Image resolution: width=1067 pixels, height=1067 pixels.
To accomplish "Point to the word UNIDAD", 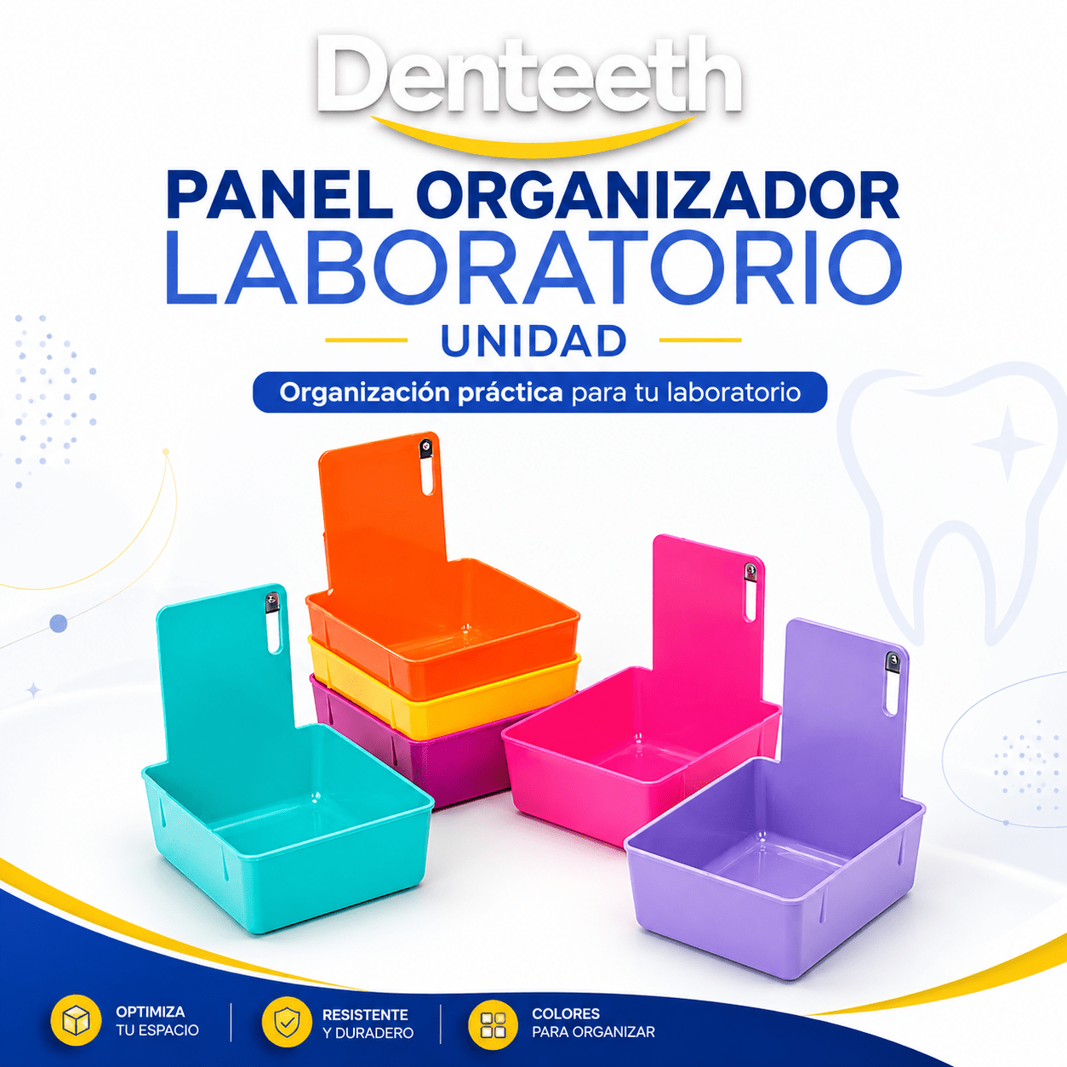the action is (533, 340).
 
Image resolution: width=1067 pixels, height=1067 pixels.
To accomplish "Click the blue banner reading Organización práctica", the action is (539, 392).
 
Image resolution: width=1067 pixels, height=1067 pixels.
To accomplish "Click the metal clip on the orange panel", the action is (426, 448).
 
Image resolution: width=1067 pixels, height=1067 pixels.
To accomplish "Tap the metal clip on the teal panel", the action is (272, 602).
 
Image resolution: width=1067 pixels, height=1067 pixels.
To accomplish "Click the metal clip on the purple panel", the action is (892, 662).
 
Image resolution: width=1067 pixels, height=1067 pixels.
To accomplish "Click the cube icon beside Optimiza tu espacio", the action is (76, 1021).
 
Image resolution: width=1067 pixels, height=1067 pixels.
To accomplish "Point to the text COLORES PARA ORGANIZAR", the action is (593, 1023).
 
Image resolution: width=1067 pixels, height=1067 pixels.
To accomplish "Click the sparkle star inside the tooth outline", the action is (1007, 443).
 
